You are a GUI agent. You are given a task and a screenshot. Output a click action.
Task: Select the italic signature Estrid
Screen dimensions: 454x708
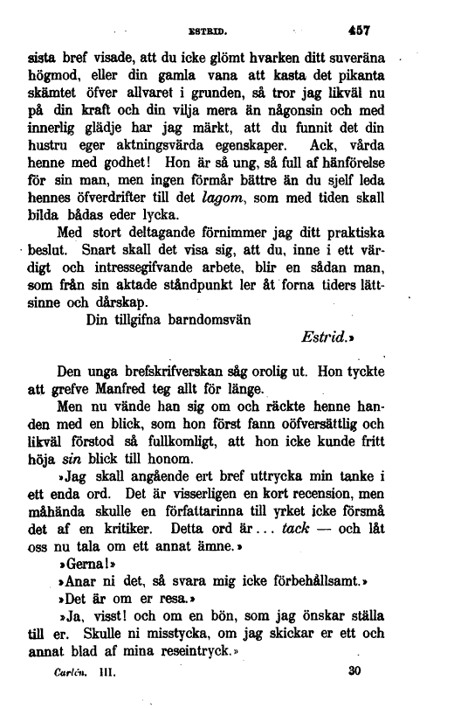coord(325,337)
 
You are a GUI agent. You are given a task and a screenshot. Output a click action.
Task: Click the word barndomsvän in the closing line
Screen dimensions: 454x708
coord(208,317)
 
